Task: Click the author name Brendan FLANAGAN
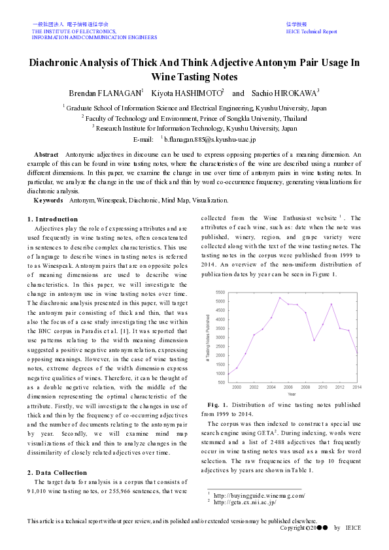tap(106, 93)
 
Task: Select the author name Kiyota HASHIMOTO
tap(186, 93)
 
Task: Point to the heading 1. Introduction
tap(52, 219)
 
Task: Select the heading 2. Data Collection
tap(58, 472)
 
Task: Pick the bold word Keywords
tap(48, 200)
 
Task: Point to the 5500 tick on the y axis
tap(220, 292)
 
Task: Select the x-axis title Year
tap(291, 394)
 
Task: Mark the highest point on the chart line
tap(280, 298)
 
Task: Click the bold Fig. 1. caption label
tap(218, 405)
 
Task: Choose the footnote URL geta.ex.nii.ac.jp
tap(245, 502)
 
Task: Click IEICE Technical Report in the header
tap(312, 31)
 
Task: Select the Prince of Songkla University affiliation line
tap(194, 118)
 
